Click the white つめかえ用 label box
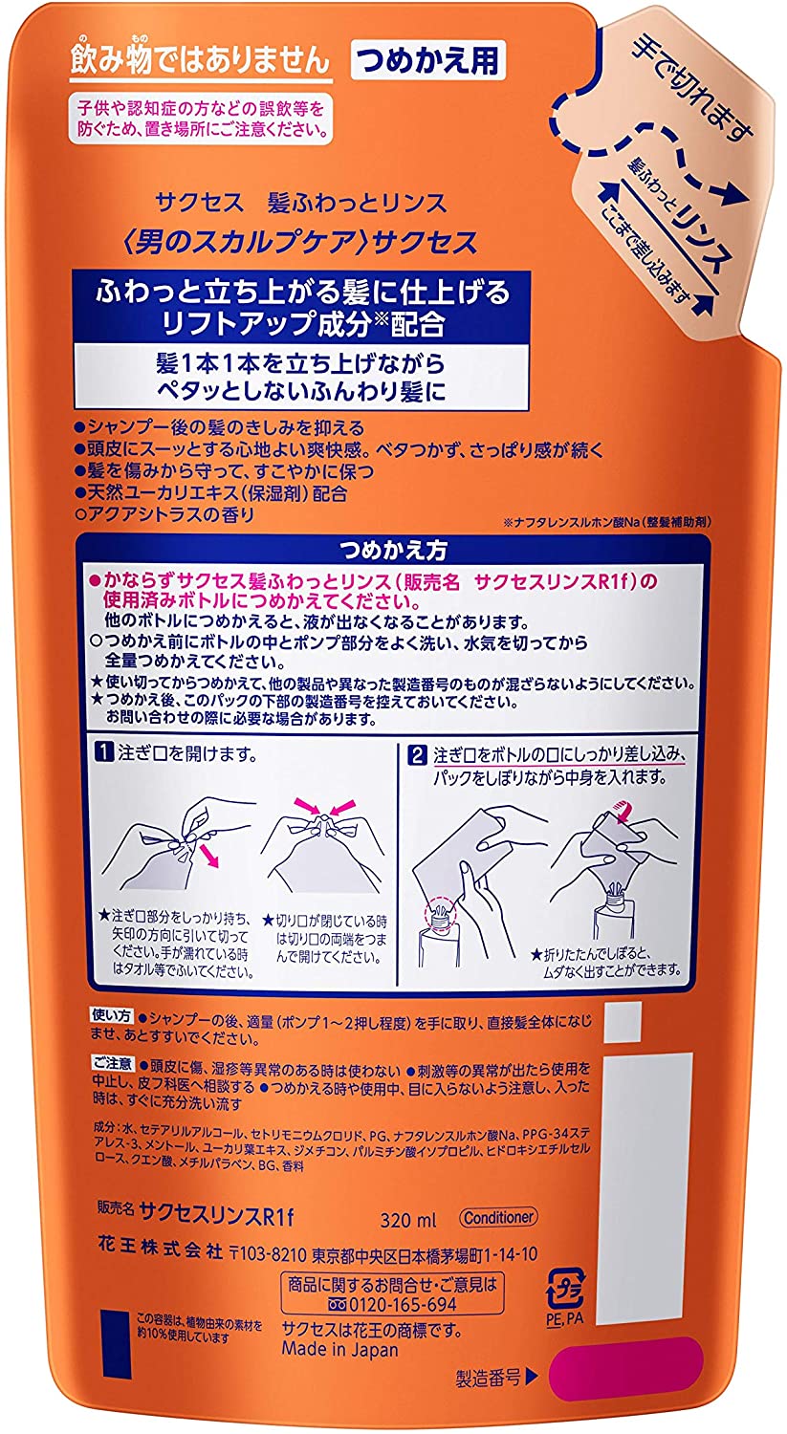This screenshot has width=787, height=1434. pos(428,61)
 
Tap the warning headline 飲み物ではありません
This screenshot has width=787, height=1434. pos(201,61)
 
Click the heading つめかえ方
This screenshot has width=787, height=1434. pos(393,550)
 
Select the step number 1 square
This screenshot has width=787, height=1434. pos(103,753)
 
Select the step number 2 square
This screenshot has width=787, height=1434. pos(417,755)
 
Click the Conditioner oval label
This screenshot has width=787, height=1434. pos(498,1217)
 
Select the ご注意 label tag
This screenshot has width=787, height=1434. pos(113,1063)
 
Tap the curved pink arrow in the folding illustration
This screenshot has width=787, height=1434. pos(620,809)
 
